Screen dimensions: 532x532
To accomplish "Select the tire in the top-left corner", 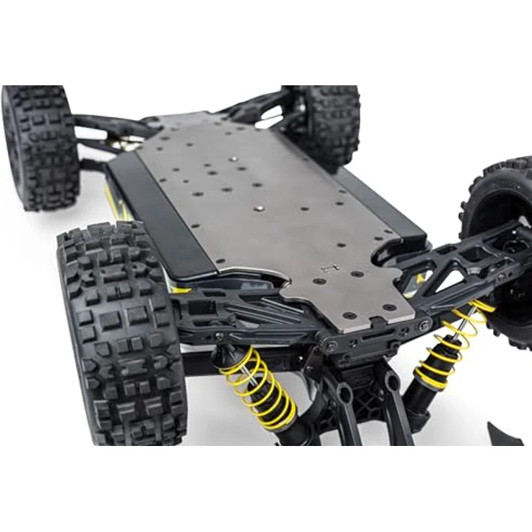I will pos(40,145).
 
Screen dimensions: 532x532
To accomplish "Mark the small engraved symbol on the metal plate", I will pos(333,268).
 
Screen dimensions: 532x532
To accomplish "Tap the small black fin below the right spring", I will pos(506,434).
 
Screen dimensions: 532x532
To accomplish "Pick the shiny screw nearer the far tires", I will pos(233,158).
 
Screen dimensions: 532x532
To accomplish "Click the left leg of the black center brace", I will pos(340,412).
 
